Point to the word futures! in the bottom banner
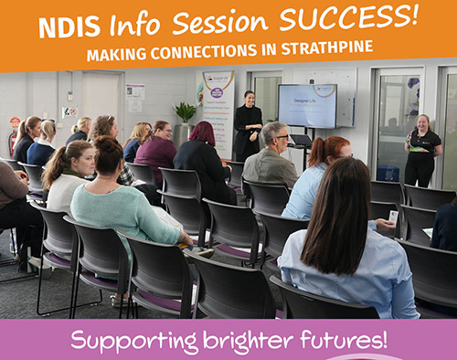point(344,341)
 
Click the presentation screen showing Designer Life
point(307,105)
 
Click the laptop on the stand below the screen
point(301,138)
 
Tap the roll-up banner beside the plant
point(218,110)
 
